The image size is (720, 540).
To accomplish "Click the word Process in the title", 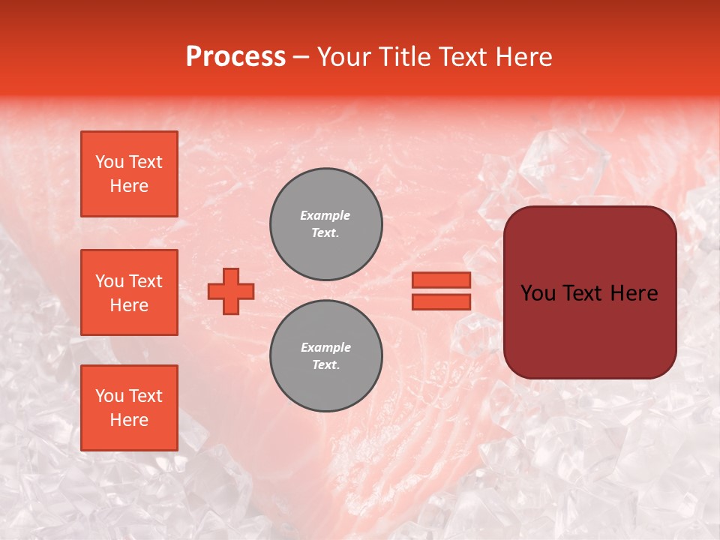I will coord(235,57).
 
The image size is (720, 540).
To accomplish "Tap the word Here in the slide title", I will coord(523,57).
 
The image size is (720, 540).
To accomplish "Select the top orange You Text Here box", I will coord(129,174).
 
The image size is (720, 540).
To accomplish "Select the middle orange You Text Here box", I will coord(129,292).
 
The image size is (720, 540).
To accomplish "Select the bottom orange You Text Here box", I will coord(129,408).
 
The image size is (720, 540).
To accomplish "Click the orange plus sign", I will coord(231,291).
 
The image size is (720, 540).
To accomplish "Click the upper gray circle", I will coord(326,224).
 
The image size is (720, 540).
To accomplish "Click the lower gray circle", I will coord(326,356).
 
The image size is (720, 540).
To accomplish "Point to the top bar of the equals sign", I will coord(441,280).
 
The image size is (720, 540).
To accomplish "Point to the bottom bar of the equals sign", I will coord(441,301).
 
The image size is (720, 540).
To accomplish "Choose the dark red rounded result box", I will coord(589,292).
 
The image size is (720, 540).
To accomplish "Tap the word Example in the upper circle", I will coord(325,215).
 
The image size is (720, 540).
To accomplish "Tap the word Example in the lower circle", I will coord(325,347).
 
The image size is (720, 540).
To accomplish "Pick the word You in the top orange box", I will coord(109,162).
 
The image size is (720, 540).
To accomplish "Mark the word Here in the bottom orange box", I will coord(129,420).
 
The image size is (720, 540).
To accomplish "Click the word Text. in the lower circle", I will coord(325,365).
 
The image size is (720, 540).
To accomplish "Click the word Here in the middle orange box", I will coord(129,305).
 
